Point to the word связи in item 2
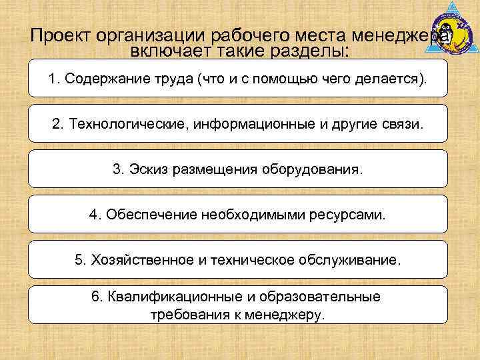(402, 125)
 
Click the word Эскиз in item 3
(148, 169)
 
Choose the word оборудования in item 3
(314, 169)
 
